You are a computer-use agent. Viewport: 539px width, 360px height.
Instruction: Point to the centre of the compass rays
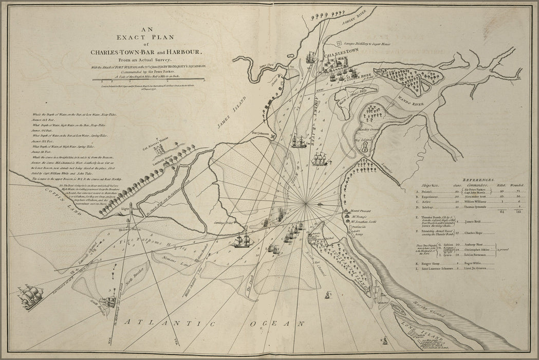tap(306, 204)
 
